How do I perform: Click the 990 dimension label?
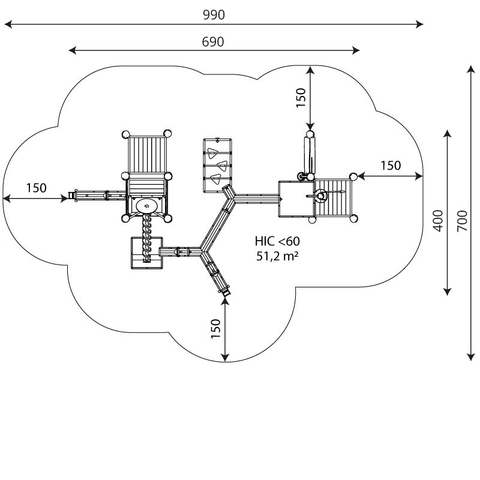coord(214,14)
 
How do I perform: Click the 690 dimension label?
coord(213,41)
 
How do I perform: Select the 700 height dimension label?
coord(462,221)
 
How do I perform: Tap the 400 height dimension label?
coord(438,221)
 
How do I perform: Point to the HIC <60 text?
coord(277,241)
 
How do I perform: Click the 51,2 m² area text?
coord(277,256)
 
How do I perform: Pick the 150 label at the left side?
coord(36,188)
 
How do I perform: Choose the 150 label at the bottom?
coord(216,329)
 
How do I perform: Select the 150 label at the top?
coord(301,98)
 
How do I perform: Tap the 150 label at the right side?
coord(391,166)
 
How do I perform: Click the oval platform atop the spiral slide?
coord(147,206)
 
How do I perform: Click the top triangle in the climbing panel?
coord(212,153)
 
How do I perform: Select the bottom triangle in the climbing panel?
coord(215,179)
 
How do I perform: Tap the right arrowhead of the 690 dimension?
coord(356,50)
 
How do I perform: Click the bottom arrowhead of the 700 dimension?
coord(471,357)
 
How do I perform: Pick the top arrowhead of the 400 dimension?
coord(448,134)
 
